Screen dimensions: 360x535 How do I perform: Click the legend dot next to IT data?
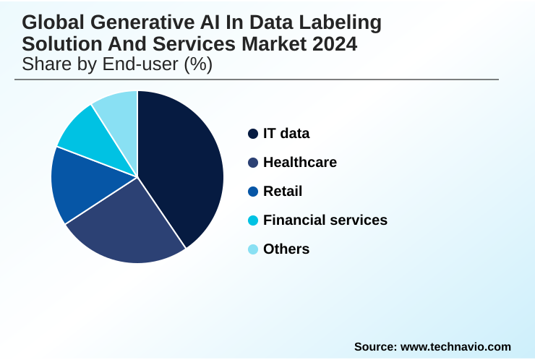(253, 134)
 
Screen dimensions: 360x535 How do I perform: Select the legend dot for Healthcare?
(253, 163)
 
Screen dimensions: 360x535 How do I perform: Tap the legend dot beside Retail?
(253, 192)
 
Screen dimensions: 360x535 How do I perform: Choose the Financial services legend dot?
(253, 220)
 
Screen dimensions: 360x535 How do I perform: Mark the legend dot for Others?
(253, 249)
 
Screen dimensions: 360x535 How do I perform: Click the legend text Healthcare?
(299, 163)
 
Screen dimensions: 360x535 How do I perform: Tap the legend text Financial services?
(325, 220)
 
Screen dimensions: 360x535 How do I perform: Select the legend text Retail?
(283, 192)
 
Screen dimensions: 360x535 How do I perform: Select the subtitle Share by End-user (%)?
(117, 64)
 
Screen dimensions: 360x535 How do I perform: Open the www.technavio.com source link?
(455, 347)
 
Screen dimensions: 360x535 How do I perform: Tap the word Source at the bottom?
(374, 347)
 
